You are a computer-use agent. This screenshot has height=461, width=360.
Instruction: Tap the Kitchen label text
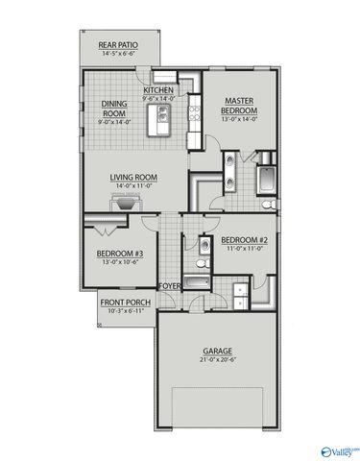click(158, 90)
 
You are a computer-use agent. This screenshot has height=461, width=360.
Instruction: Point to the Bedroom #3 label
click(119, 255)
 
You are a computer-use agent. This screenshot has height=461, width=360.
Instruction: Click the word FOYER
click(169, 285)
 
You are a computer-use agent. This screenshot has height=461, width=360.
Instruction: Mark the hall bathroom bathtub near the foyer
click(195, 282)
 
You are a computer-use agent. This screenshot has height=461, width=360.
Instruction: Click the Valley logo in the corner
click(340, 448)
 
